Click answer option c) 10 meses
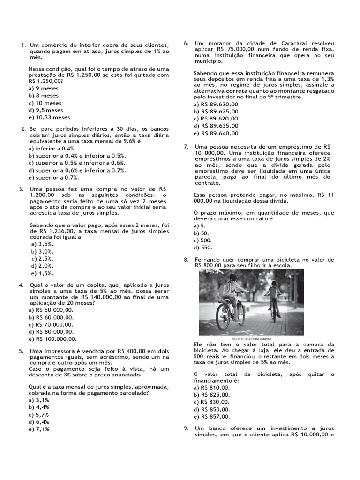[45, 103]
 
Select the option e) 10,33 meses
[49, 117]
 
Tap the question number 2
[23, 129]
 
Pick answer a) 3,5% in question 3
[42, 244]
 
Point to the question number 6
[186, 43]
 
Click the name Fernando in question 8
[209, 259]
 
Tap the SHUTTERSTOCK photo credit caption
[252, 338]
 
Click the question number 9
[186, 428]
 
